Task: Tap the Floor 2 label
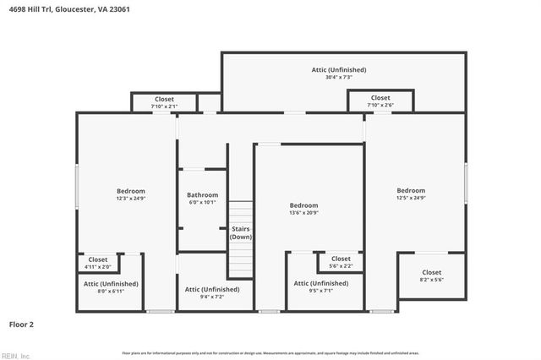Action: click(21, 324)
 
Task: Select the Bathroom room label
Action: click(202, 195)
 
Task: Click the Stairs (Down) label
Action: click(241, 232)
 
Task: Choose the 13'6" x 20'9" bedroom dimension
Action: click(303, 213)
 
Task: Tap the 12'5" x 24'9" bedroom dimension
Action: click(411, 199)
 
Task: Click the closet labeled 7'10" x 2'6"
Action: click(380, 101)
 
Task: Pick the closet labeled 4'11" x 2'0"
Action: click(98, 264)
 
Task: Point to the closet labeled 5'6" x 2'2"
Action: click(341, 263)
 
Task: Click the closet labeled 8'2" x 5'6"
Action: click(431, 276)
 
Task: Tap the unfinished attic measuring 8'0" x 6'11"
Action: click(111, 287)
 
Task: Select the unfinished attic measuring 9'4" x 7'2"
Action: click(212, 293)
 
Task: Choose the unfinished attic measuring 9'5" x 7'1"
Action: click(320, 287)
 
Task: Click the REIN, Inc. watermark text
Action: click(16, 355)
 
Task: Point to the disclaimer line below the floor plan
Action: click(270, 352)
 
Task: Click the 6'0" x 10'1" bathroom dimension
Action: click(202, 203)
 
